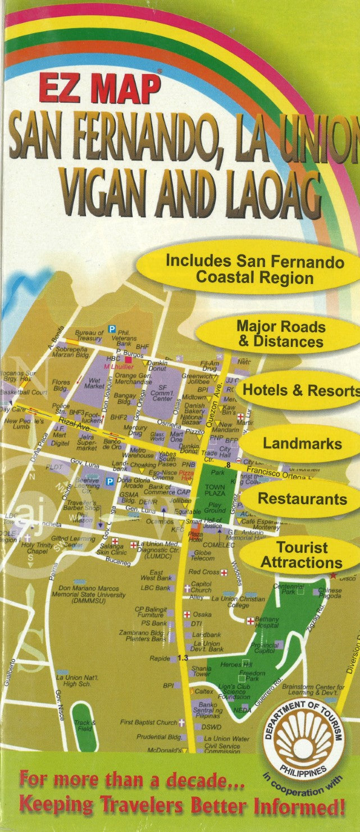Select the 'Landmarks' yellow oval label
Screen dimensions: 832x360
[x=302, y=444]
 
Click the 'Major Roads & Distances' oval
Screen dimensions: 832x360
[x=280, y=334]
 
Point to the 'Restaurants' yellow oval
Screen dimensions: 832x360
[x=302, y=499]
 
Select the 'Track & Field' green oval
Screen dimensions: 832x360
[x=85, y=725]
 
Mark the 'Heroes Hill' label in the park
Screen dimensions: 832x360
[x=236, y=664]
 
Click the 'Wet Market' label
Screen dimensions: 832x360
[x=94, y=383]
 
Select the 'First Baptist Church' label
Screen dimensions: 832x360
[x=148, y=723]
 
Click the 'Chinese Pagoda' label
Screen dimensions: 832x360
[x=329, y=593]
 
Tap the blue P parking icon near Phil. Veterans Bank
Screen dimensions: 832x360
[x=112, y=329]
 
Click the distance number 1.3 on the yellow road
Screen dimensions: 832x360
[x=182, y=657]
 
